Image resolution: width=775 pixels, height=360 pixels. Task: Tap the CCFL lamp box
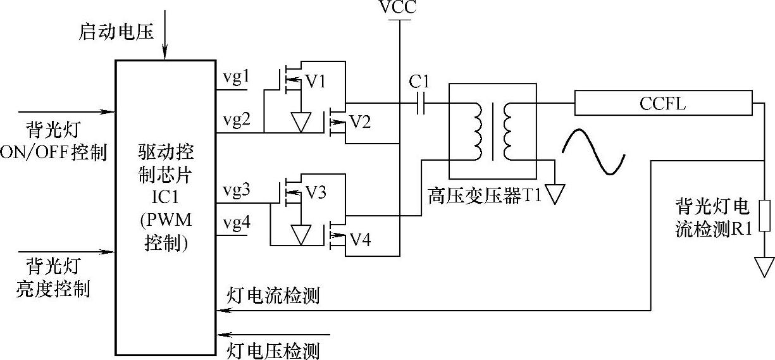(663, 103)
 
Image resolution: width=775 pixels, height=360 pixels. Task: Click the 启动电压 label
(116, 32)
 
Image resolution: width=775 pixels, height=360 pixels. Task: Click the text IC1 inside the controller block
(166, 192)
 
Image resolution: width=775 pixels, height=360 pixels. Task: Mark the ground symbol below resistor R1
(764, 266)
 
